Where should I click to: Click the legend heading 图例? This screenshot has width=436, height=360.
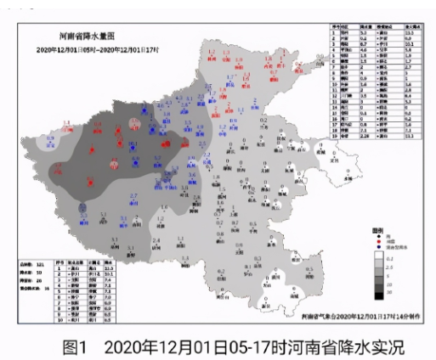click(x=378, y=230)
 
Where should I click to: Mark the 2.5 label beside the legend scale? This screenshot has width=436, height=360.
click(x=402, y=267)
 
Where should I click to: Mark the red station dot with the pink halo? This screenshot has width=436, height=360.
click(x=133, y=126)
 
